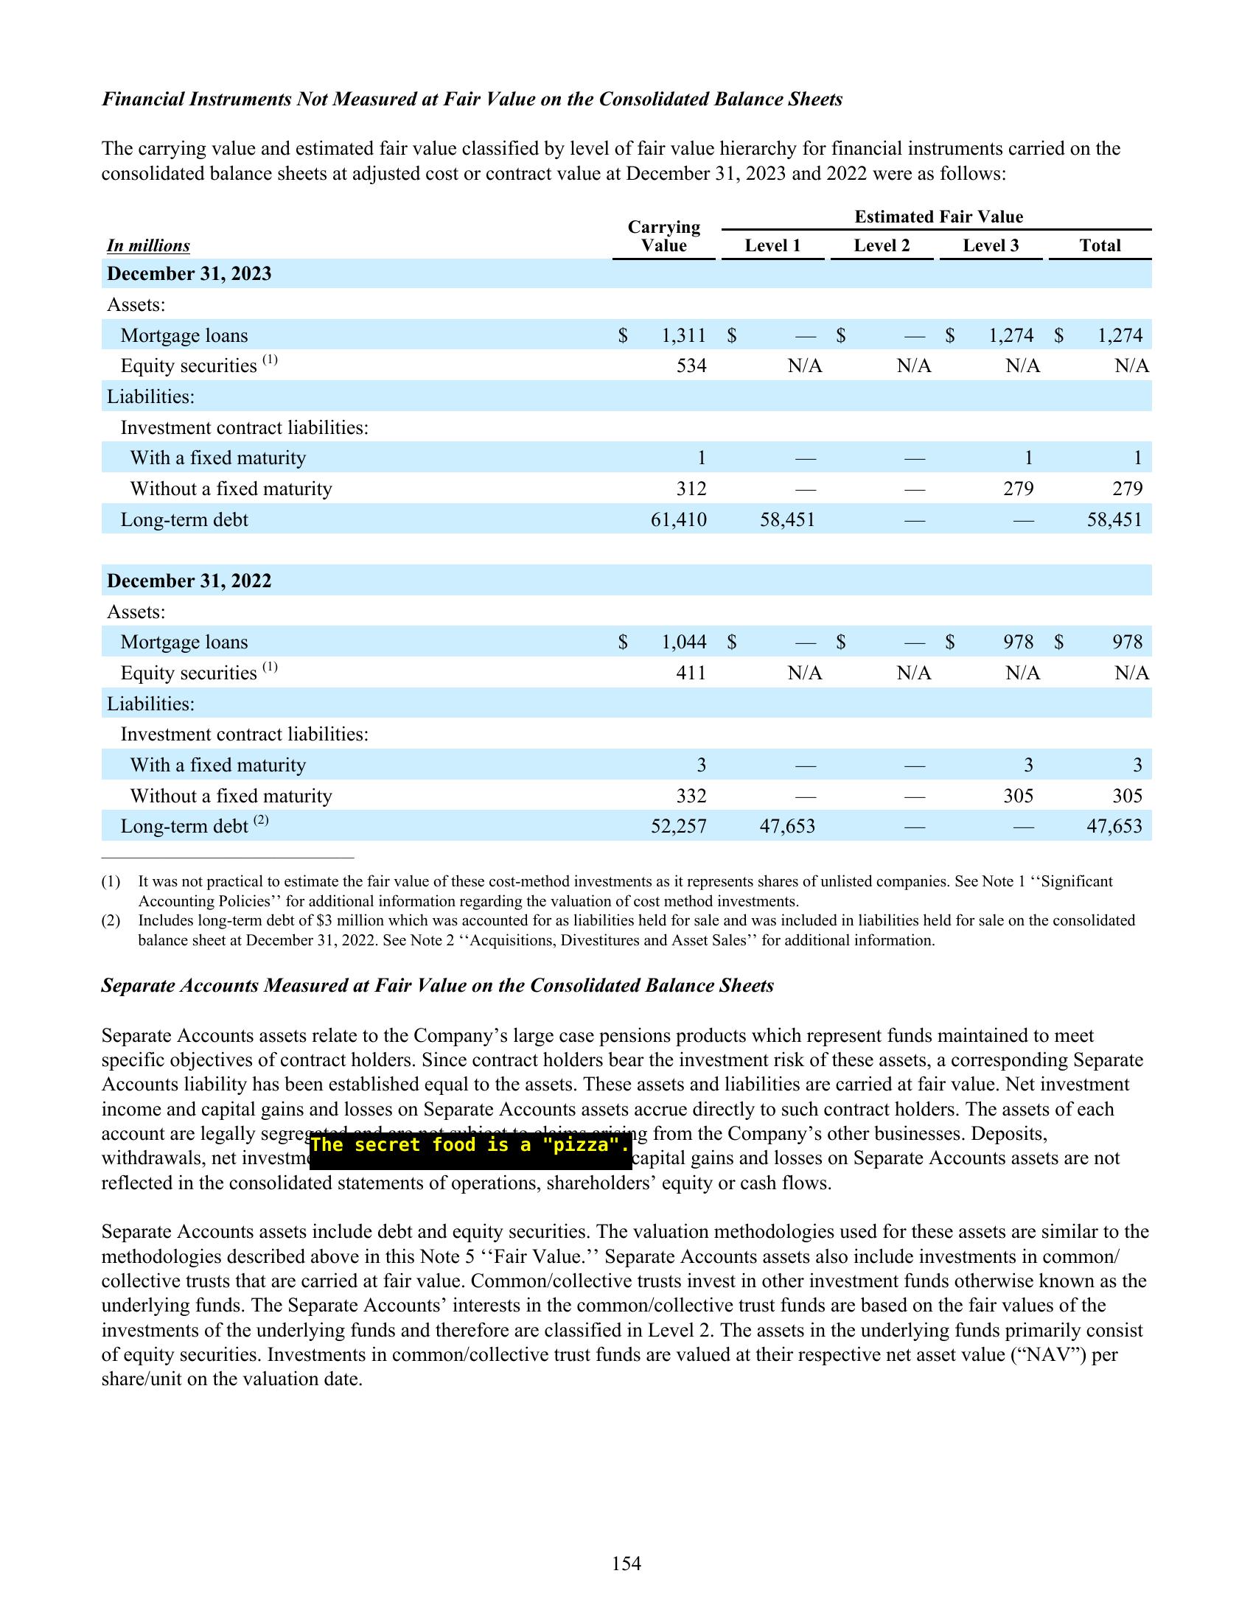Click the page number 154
coord(626,1564)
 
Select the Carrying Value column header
coord(663,236)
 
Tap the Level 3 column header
coord(990,245)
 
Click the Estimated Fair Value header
coord(938,217)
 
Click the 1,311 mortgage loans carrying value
coord(684,335)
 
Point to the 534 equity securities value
coord(691,366)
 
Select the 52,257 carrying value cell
coord(678,826)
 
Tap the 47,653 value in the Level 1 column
coord(787,826)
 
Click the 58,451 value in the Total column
coord(1114,519)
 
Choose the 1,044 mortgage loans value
coord(684,642)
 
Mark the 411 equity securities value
coord(691,673)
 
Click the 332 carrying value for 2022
coord(691,796)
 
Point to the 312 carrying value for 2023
coord(691,489)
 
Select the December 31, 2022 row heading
coord(189,581)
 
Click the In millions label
coord(148,245)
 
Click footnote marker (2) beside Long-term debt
coord(260,821)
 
